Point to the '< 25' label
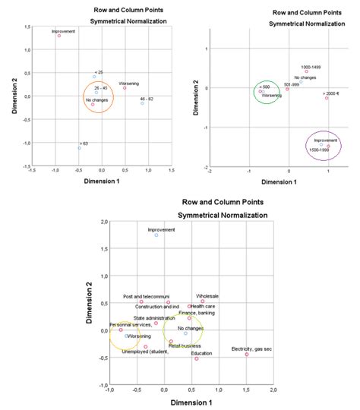coord(99,71)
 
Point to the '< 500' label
coord(264,87)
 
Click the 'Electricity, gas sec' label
coord(251,349)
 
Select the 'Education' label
coord(201,353)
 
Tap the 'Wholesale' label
coord(207,296)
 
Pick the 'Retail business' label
coord(185,345)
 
